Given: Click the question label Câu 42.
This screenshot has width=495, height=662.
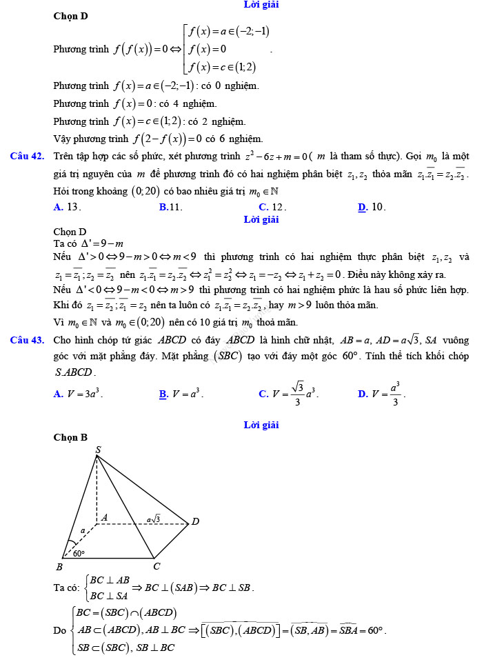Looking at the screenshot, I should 28,156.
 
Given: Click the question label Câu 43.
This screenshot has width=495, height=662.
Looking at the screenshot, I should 28,340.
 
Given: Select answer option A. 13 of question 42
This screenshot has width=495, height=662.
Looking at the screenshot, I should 68,207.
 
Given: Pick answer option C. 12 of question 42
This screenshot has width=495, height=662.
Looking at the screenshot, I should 272,207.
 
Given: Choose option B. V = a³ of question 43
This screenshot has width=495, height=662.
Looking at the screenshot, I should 181,394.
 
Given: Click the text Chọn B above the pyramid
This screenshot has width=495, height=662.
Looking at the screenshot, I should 70,437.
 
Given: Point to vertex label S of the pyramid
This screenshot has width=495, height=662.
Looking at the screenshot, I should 98,450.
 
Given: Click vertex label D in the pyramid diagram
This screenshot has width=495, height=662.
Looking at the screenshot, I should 195,521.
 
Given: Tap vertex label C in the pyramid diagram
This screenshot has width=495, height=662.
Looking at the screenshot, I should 156,566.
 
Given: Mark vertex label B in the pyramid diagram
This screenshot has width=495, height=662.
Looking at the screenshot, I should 59,566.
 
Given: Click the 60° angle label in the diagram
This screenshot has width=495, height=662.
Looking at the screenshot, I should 79,552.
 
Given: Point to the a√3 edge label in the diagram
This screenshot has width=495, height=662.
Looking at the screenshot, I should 153,518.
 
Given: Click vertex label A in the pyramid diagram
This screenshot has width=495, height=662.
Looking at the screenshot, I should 104,517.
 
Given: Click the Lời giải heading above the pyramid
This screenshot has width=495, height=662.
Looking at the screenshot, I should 261,425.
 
